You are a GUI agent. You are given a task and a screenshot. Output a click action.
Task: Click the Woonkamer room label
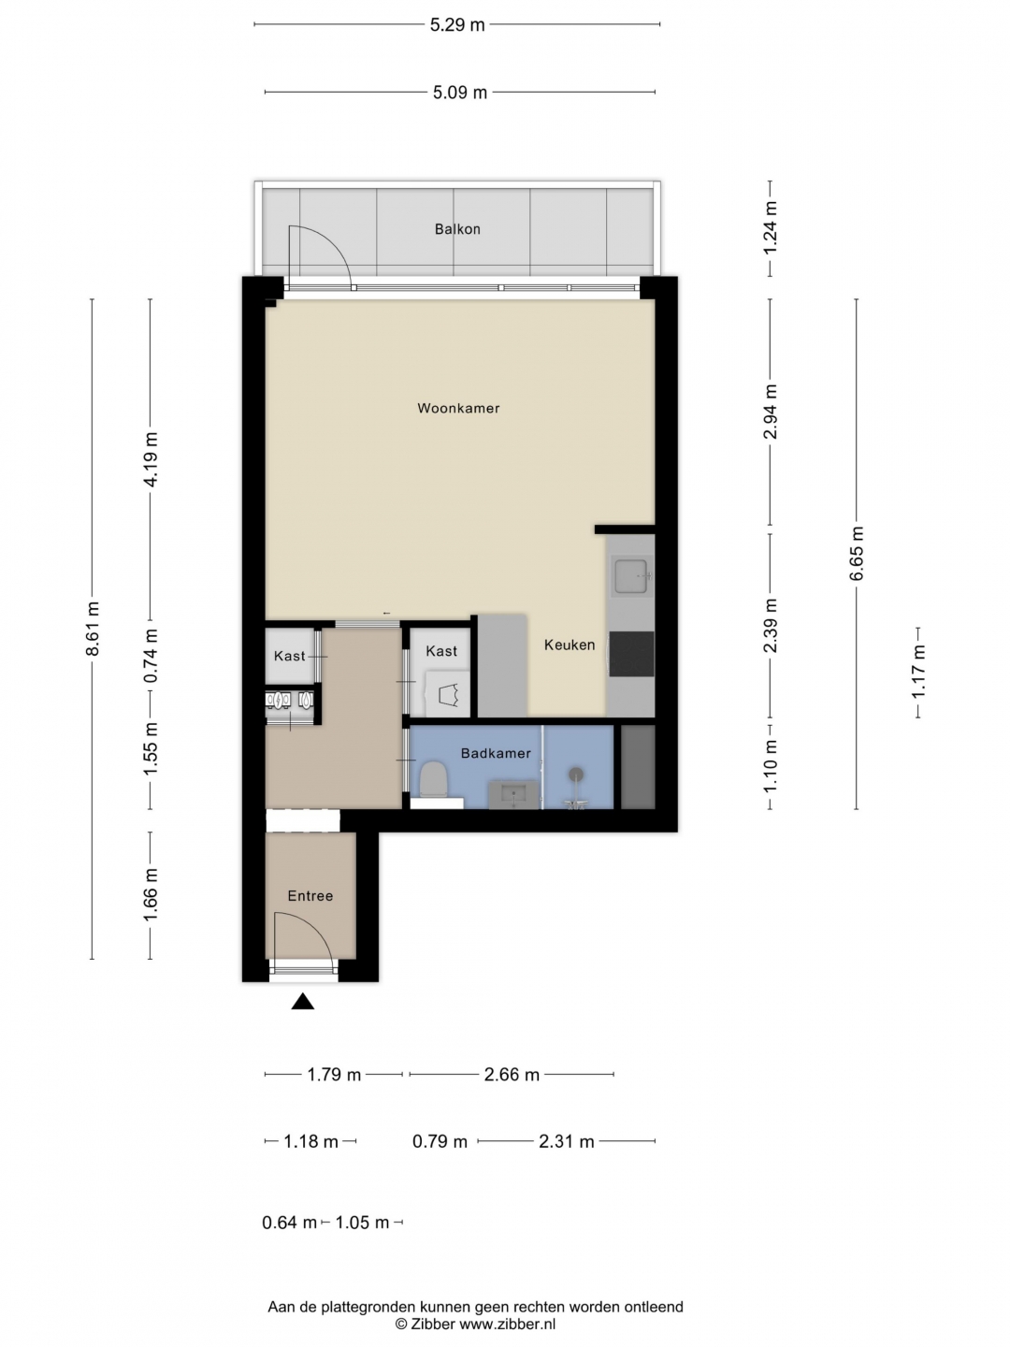(458, 408)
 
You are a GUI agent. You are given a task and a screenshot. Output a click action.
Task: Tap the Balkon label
(457, 229)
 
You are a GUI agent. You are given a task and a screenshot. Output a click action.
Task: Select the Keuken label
(570, 645)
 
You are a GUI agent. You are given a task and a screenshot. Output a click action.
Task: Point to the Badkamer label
(496, 753)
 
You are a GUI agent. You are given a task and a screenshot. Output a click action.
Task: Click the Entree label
(310, 896)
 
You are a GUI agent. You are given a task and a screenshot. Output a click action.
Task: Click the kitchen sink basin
(631, 576)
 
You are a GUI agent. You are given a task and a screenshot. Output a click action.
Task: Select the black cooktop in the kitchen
(631, 654)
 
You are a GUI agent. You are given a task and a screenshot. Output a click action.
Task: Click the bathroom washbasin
(513, 795)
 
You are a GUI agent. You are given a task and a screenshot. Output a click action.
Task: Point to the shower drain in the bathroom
(575, 774)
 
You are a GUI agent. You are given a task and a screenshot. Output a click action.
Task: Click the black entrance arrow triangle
(303, 1002)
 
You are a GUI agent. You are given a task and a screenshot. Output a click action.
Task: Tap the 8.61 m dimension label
(93, 629)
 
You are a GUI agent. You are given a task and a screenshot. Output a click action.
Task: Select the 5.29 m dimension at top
(457, 25)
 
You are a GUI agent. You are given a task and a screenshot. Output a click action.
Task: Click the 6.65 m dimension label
(857, 553)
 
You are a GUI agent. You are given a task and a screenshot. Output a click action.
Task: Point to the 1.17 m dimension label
(918, 672)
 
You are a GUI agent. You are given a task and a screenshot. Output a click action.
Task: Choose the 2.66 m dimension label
(512, 1075)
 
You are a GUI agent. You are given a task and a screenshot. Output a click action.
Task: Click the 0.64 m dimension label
(290, 1223)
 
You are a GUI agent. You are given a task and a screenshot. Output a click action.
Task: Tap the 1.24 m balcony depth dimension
(771, 227)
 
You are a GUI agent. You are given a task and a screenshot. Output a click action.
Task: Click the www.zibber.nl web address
(507, 1324)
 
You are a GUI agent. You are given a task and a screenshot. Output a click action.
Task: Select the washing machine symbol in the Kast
(450, 694)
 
